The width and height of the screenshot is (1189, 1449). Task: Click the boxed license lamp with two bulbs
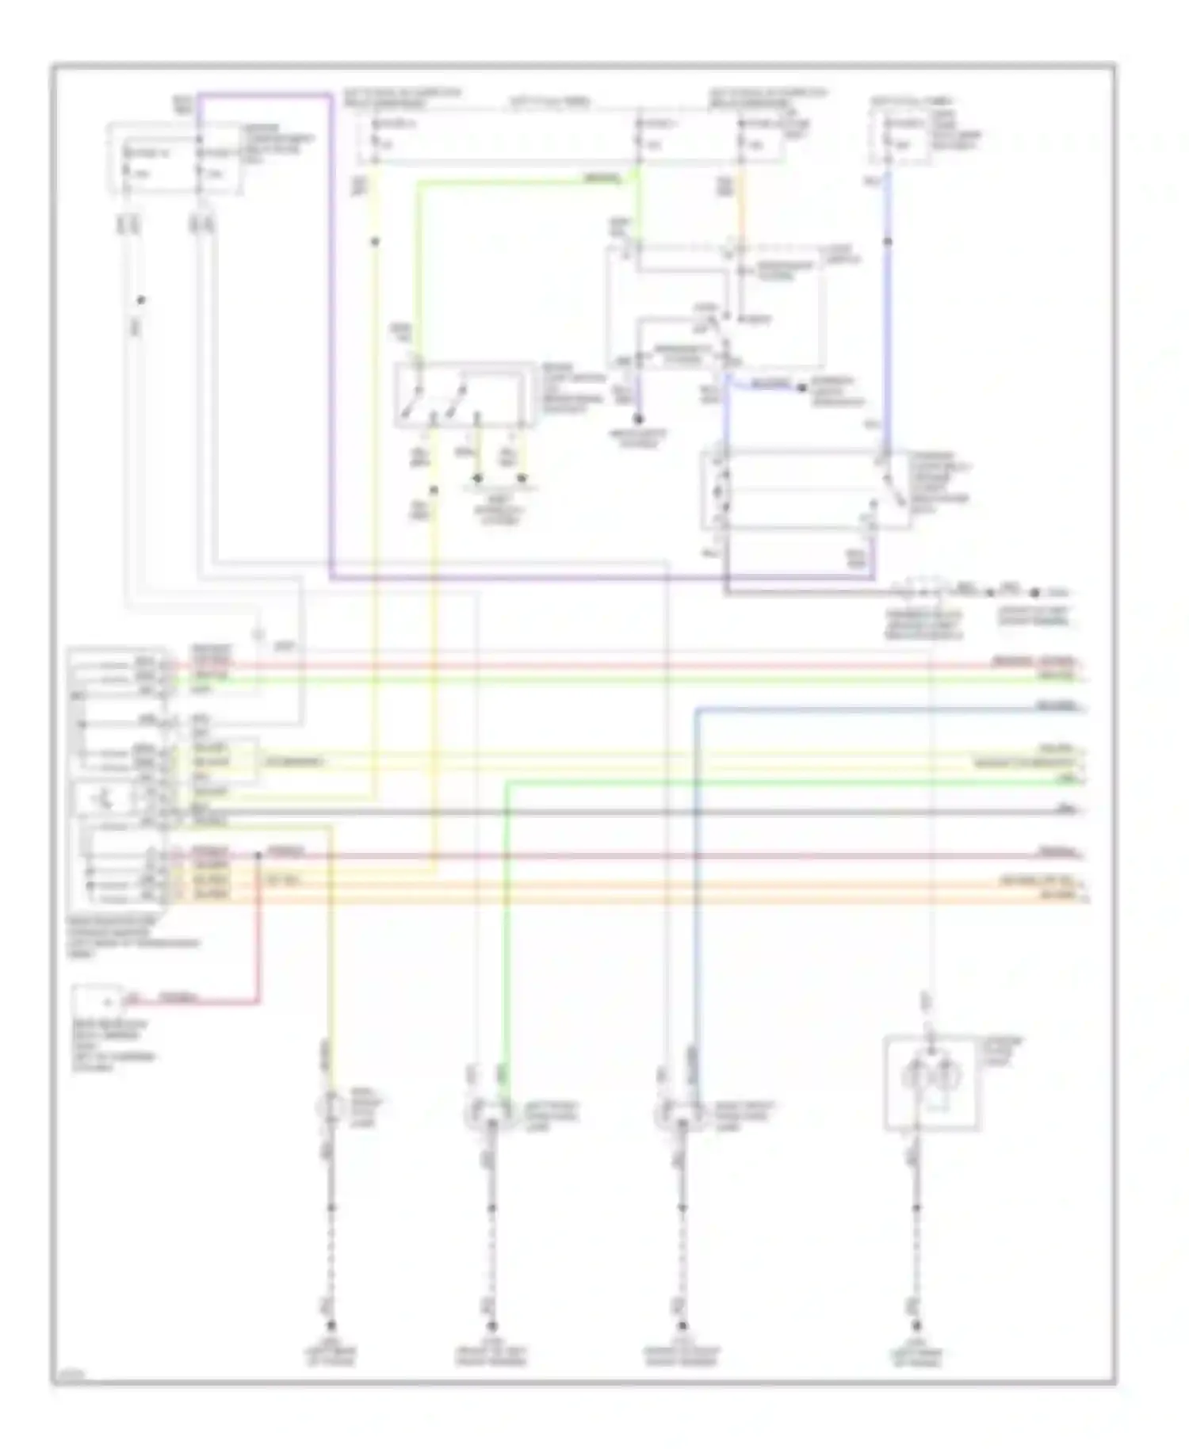[932, 1081]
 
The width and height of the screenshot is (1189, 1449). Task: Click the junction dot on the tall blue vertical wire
[888, 241]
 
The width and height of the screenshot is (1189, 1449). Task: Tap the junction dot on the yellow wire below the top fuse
[375, 241]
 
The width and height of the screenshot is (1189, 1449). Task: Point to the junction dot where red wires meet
[258, 855]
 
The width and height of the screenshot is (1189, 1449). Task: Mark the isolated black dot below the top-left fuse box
[141, 300]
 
